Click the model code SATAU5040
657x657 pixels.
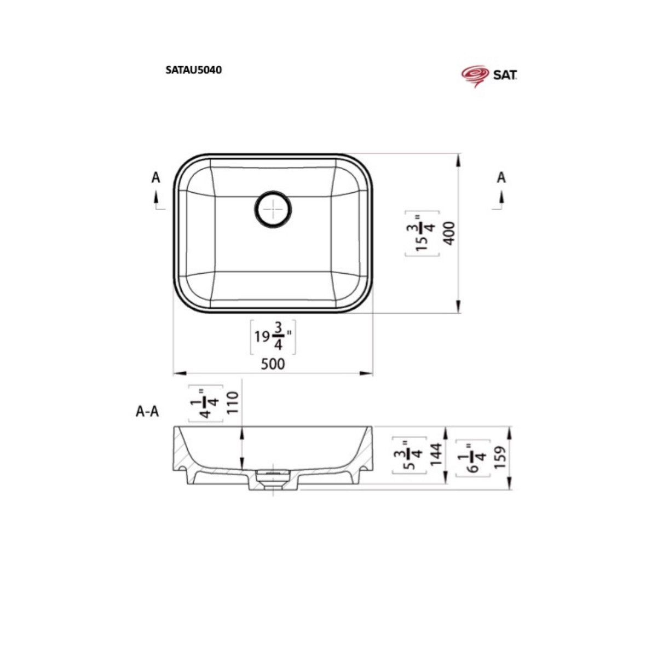pyautogui.click(x=193, y=70)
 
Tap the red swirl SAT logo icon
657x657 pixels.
pyautogui.click(x=475, y=76)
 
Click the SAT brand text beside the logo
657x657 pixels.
pyautogui.click(x=505, y=74)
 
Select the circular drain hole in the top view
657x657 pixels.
pyautogui.click(x=273, y=209)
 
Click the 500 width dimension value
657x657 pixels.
pyautogui.click(x=273, y=364)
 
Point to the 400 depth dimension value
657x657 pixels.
pyautogui.click(x=450, y=233)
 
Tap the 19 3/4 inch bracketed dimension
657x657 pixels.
pyautogui.click(x=273, y=337)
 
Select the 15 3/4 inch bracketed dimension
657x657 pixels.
pyautogui.click(x=422, y=233)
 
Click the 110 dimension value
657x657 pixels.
pyautogui.click(x=232, y=402)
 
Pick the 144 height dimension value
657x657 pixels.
pyautogui.click(x=437, y=454)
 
